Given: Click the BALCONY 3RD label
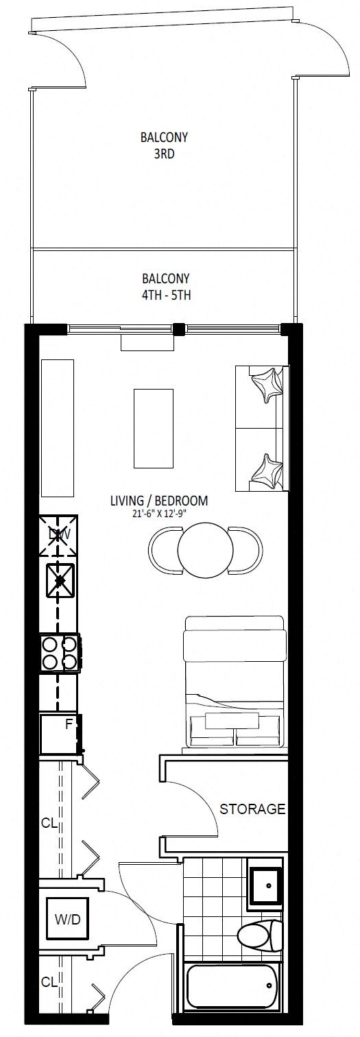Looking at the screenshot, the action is tap(165, 145).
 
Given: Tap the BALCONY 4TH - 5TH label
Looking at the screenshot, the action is tap(166, 287).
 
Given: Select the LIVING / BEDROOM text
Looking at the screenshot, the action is tap(158, 501).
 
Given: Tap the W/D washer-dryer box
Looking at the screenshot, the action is tap(68, 919).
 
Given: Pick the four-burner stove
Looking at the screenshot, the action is tap(60, 653).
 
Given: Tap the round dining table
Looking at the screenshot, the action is tap(205, 550).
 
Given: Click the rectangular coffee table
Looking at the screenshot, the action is tap(154, 428).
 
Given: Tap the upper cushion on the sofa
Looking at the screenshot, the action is tap(267, 383).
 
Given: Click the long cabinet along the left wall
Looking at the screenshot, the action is tap(58, 428).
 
